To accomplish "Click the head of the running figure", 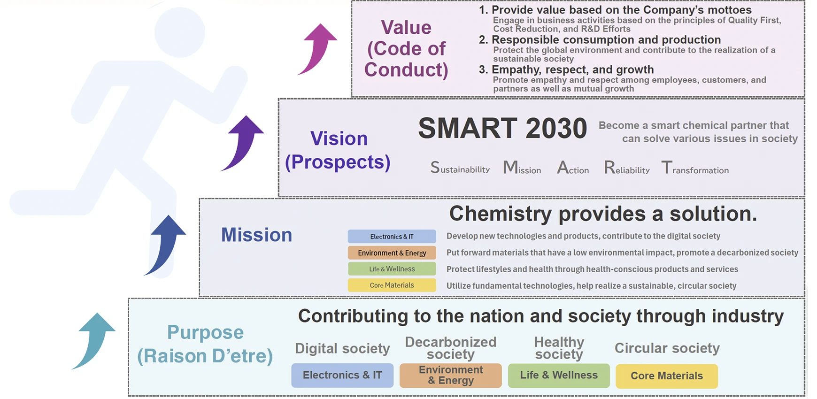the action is tap(180, 32).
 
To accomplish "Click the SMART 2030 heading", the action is tap(502, 128).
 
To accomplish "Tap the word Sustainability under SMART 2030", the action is tap(460, 168).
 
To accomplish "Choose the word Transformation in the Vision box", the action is tap(695, 168).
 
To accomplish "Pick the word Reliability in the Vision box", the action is tap(627, 168).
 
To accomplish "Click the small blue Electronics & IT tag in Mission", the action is tap(392, 237).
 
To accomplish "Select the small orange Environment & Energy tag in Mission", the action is tap(392, 253).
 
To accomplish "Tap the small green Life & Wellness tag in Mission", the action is tap(392, 269).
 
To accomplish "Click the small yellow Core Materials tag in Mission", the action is tap(392, 285).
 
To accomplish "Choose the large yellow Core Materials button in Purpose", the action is tap(667, 376).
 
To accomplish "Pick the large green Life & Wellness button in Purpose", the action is tap(559, 376).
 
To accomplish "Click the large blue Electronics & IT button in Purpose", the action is tap(342, 376).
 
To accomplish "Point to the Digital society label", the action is tap(342, 348).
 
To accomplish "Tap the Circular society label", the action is tap(667, 348).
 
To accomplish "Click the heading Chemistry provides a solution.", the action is tap(603, 214).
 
